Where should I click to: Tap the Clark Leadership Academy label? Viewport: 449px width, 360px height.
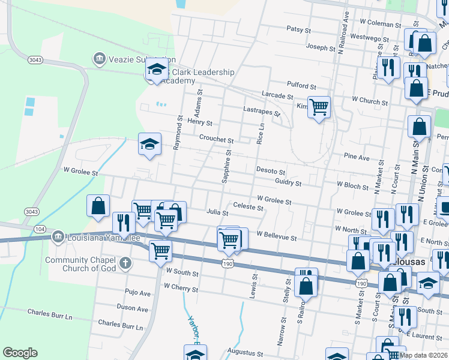[201, 76]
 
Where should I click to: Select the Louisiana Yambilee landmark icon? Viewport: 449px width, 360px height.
[58, 236]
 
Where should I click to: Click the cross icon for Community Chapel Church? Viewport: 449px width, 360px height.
[125, 263]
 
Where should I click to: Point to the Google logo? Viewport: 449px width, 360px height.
[20, 352]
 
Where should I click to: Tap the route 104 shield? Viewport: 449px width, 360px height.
[40, 229]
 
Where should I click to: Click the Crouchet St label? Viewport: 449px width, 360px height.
[216, 139]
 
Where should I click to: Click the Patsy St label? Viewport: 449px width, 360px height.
[298, 29]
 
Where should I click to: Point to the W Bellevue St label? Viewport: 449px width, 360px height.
[277, 238]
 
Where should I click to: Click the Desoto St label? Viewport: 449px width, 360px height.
[271, 171]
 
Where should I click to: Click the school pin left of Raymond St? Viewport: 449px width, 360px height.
[150, 144]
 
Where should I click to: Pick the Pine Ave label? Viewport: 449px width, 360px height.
[357, 157]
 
